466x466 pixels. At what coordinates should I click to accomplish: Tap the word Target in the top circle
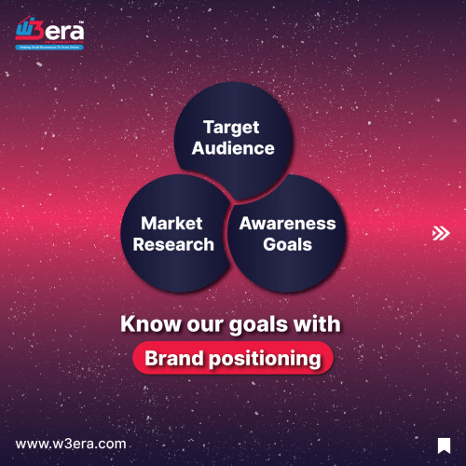pos(231,128)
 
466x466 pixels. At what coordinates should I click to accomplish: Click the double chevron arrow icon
pos(441,233)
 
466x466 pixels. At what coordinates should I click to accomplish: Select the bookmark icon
pos(444,444)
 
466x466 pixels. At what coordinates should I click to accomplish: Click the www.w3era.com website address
pos(71,444)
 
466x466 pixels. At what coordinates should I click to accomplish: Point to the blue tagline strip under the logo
pos(49,46)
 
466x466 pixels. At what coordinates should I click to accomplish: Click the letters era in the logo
pos(65,30)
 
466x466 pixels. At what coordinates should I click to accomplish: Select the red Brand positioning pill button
pos(232,358)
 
